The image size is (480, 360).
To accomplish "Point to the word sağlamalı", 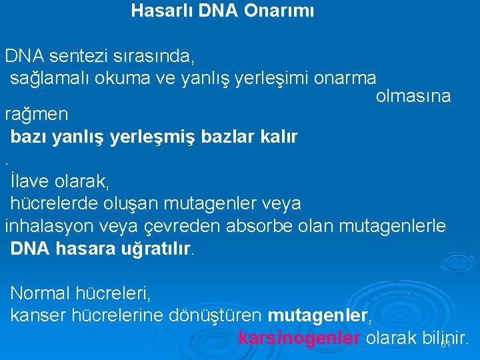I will point(51,77).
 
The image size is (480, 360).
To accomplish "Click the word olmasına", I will point(413,96).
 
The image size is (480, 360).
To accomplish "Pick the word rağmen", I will point(37,114).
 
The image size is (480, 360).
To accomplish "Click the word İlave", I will point(31,180).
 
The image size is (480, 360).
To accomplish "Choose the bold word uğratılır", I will point(151,249).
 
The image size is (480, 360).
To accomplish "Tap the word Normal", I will point(40,293).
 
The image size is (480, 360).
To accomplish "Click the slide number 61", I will point(446,345).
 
